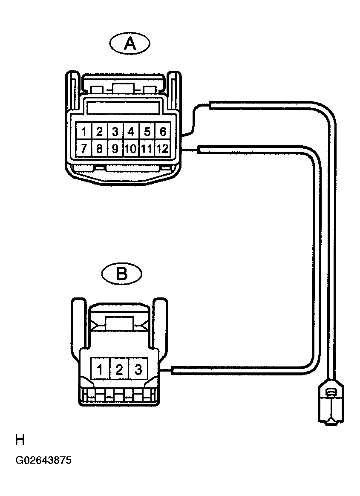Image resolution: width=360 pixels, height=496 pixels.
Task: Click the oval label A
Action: tap(130, 43)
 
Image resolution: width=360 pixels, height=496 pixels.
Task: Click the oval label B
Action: tap(122, 274)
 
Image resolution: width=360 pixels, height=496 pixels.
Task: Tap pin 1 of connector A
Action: tap(84, 131)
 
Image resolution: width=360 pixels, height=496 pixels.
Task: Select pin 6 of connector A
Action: tap(163, 131)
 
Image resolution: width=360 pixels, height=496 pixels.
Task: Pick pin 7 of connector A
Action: tap(84, 147)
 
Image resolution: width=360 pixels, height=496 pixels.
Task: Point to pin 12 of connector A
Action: tap(163, 147)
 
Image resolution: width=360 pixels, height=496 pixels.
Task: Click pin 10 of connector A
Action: tap(131, 147)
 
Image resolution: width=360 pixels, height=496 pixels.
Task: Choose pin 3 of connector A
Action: tap(115, 131)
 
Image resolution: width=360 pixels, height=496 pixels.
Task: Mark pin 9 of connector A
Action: tap(115, 147)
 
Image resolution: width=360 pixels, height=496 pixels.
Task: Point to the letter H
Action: tap(20, 440)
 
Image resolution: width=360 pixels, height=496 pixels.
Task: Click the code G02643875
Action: tap(43, 460)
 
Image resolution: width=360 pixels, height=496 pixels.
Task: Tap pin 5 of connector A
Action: tap(147, 131)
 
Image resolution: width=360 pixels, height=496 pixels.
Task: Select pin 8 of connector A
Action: tap(100, 147)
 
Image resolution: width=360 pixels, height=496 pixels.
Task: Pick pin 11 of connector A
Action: tap(147, 147)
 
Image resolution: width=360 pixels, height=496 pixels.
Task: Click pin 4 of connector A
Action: tap(131, 131)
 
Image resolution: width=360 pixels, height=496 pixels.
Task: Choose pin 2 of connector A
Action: tap(100, 131)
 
